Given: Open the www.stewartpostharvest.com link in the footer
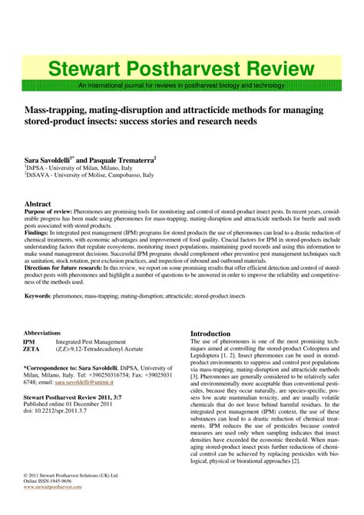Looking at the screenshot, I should (52, 487).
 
